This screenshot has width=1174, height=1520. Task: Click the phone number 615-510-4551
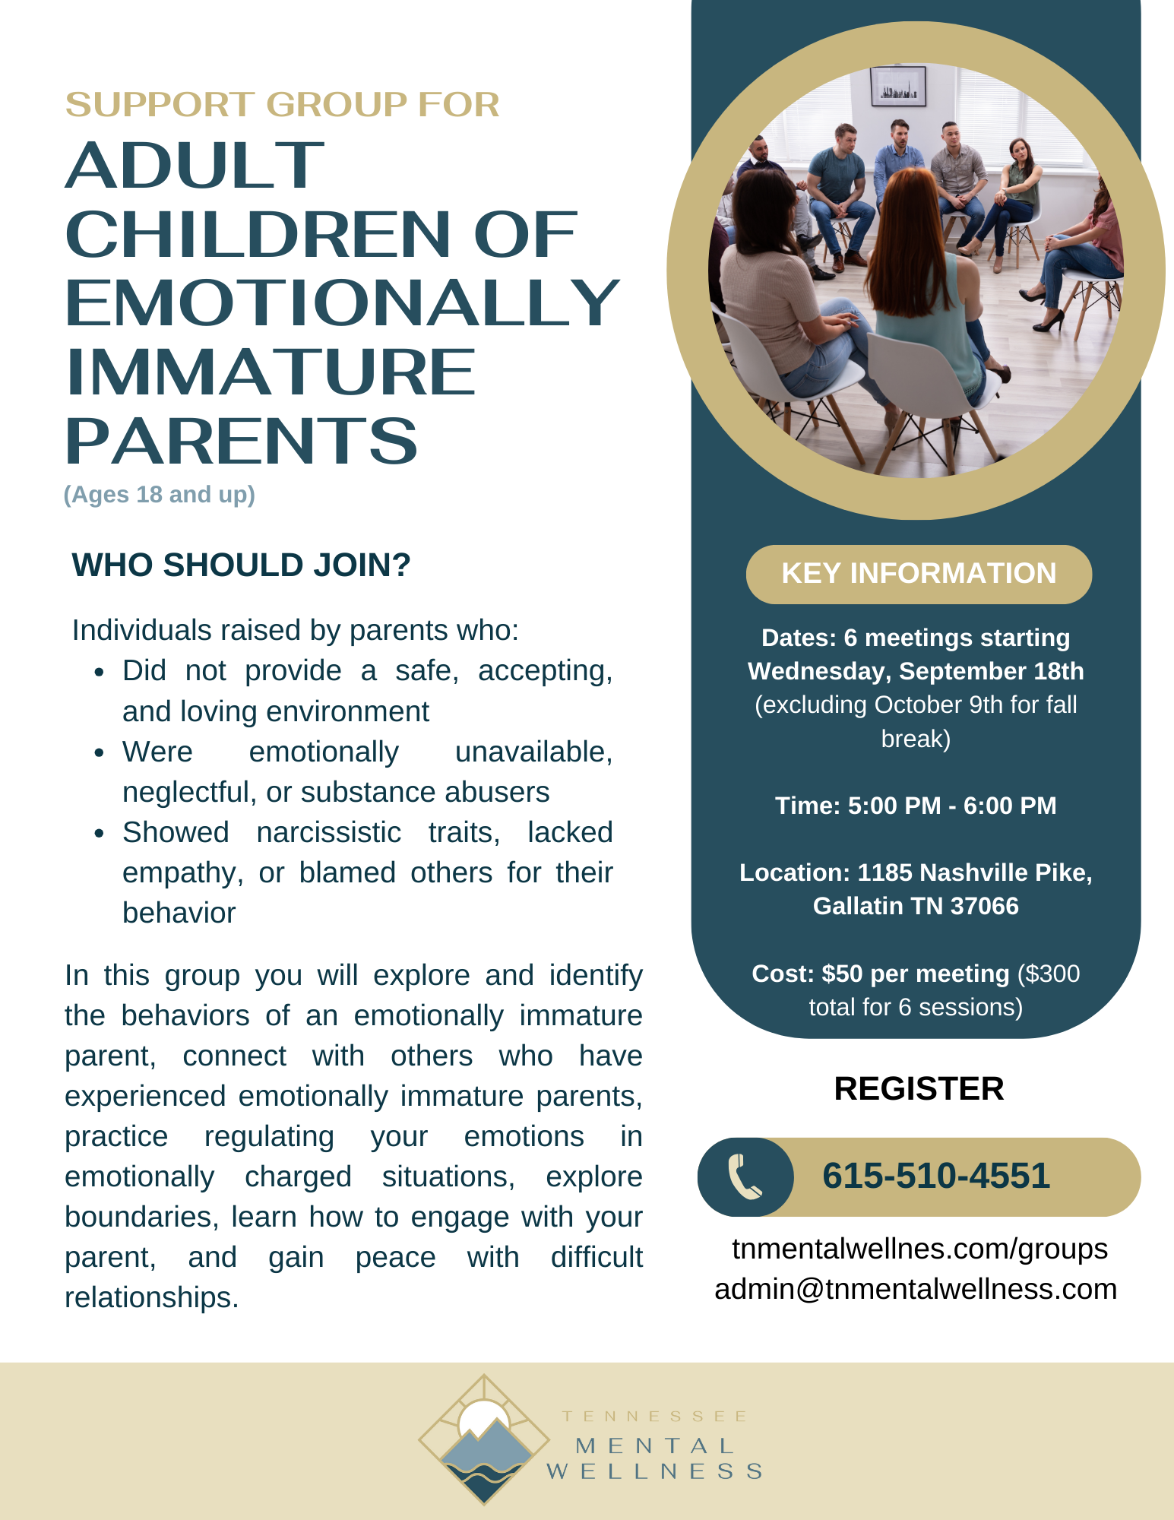936,1176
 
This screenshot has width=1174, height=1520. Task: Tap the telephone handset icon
745,1176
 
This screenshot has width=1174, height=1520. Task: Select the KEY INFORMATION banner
919,574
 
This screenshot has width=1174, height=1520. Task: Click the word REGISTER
919,1088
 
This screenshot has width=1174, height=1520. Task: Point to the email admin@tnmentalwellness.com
916,1289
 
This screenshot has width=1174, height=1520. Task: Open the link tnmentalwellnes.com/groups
919,1249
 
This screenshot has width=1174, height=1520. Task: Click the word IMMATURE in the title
271,372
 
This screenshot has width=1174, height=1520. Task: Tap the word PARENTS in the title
242,441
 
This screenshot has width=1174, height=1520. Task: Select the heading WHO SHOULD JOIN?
241,565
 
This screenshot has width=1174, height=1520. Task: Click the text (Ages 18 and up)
160,495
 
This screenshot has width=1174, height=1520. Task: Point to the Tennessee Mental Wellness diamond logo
484,1439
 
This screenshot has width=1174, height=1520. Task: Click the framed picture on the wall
898,87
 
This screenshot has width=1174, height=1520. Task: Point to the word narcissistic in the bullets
328,832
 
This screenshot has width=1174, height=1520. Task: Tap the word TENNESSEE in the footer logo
655,1417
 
